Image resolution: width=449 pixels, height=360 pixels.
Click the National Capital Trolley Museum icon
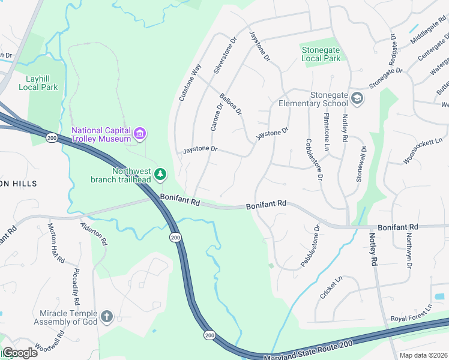140,133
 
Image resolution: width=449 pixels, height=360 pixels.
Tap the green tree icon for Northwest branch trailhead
160,174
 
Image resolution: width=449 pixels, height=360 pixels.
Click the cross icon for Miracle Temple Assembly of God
107,317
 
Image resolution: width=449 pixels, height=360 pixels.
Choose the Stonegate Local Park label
321,54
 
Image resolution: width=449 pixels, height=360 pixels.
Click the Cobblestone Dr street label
315,160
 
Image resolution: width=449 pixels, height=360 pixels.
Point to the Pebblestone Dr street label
312,246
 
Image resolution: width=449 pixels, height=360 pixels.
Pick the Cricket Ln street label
331,287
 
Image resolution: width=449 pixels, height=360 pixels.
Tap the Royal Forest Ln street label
411,311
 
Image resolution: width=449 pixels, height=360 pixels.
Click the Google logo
20,353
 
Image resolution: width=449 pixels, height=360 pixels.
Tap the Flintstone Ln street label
327,132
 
